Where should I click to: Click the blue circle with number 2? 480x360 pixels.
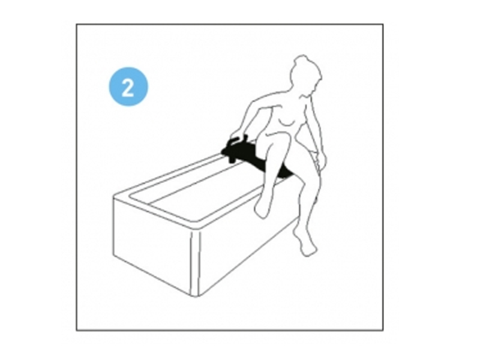(128, 86)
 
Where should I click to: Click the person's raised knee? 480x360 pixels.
(275, 136)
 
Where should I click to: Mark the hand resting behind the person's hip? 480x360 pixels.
(320, 161)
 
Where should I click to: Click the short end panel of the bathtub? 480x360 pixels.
(152, 242)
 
